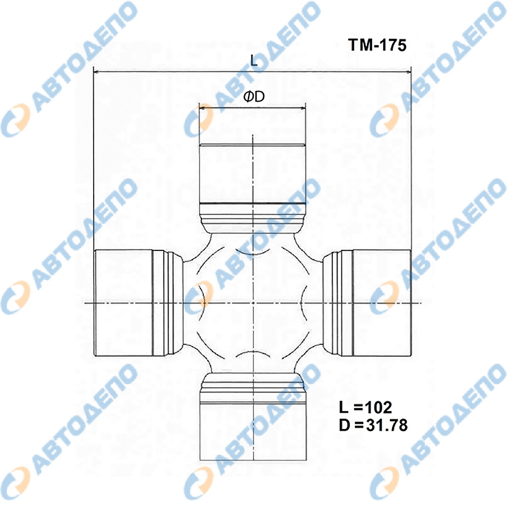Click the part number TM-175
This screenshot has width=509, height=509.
tap(377, 45)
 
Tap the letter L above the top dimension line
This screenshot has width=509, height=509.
tap(254, 61)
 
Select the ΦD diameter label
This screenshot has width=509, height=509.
tap(254, 96)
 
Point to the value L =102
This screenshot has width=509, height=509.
tap(365, 407)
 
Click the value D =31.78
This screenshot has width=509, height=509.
tap(373, 425)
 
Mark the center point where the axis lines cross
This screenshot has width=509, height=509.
tap(253, 303)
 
